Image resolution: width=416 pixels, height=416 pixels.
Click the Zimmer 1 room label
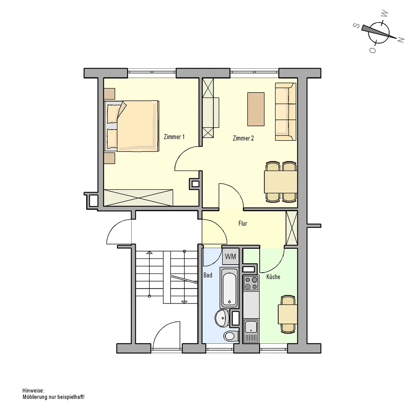174,137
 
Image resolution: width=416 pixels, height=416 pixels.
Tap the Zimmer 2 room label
243,138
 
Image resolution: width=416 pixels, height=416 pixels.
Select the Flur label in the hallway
243,223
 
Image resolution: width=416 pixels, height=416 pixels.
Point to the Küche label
273,277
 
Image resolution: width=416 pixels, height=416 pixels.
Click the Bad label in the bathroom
208,275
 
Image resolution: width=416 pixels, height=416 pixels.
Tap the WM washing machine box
231,257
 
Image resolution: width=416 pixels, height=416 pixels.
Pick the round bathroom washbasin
222,318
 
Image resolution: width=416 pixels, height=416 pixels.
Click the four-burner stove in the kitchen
251,283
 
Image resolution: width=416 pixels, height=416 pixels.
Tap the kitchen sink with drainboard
251,331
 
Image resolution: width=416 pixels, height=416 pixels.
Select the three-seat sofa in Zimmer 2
286,111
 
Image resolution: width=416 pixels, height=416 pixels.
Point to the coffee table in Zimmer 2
256,109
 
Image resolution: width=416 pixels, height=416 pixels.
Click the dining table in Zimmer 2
280,182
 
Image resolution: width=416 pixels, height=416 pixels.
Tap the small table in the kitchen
287,314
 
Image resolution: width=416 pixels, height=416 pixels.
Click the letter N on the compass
401,40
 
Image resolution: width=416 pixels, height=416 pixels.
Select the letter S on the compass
357,26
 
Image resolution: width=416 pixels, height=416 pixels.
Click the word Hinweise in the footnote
33,390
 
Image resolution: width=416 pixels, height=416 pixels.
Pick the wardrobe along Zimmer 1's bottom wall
138,198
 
